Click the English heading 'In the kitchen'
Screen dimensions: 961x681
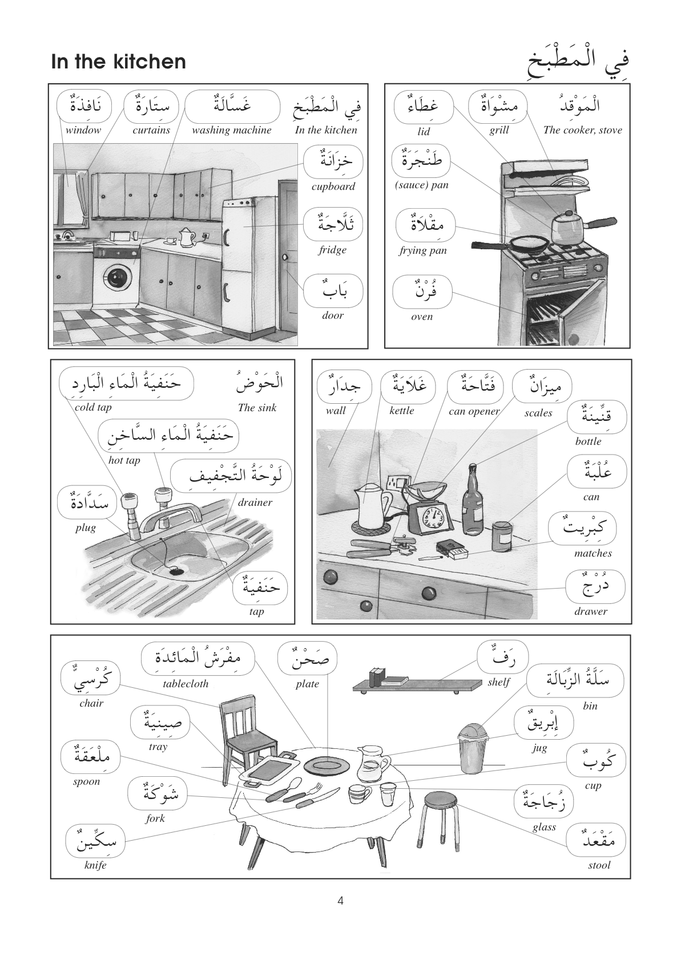(x=118, y=62)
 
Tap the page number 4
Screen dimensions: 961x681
(x=341, y=901)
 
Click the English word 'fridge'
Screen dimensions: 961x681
(x=332, y=250)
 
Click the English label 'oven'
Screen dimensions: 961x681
(x=422, y=317)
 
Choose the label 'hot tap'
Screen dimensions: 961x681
(x=124, y=460)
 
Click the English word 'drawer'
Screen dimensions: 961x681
(x=591, y=611)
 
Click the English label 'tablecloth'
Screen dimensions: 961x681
(x=186, y=683)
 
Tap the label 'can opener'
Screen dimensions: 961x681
(x=474, y=411)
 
